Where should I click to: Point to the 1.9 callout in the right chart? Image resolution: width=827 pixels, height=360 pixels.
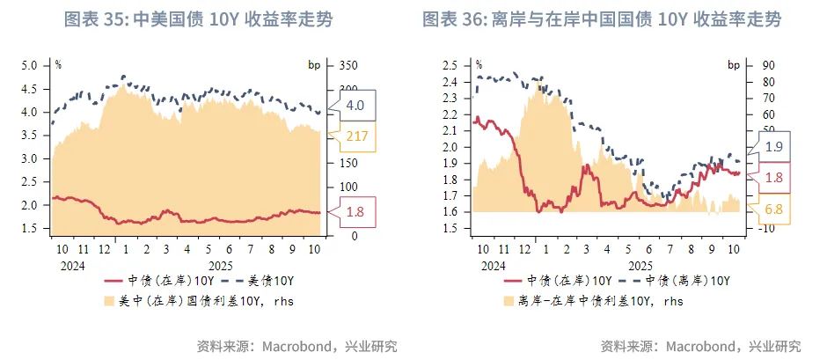[773, 146]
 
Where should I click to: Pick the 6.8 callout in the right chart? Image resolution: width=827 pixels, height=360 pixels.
[773, 209]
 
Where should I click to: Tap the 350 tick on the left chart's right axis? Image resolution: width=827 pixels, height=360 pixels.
[348, 65]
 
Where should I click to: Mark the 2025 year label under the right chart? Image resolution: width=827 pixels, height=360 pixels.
[640, 263]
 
